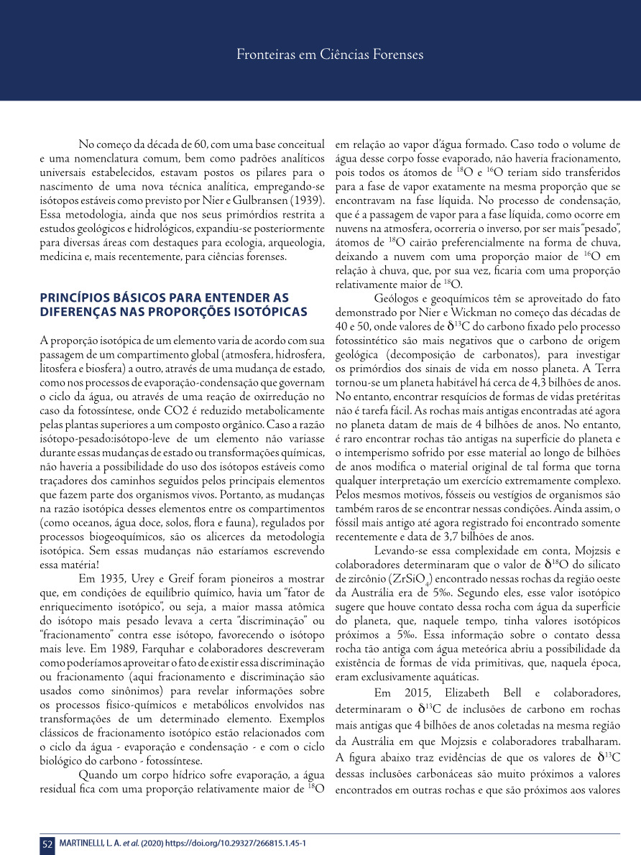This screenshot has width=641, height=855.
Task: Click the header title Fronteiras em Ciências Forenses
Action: pyautogui.click(x=330, y=55)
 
